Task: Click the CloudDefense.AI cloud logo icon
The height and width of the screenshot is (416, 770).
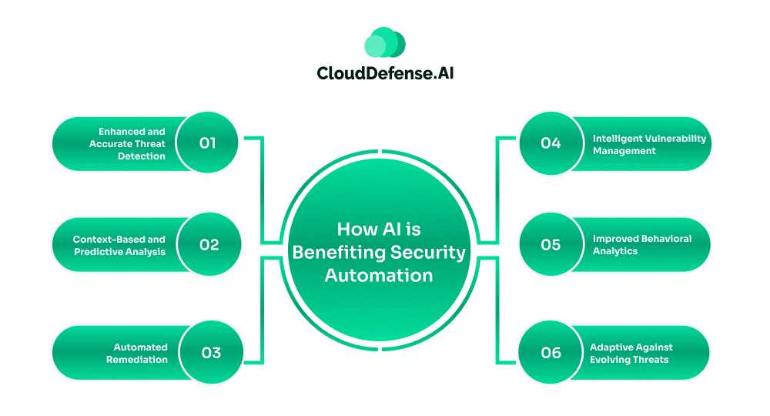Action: point(384,43)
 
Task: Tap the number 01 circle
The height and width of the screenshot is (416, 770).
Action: point(207,143)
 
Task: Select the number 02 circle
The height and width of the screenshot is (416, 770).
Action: point(209,245)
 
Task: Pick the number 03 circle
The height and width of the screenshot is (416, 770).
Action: point(211,353)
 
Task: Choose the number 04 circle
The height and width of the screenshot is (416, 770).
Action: point(551,143)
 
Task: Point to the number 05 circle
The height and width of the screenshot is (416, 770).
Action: point(551,245)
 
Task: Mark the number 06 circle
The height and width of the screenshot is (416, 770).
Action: point(551,353)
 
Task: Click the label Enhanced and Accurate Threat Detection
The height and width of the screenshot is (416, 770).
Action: point(127,144)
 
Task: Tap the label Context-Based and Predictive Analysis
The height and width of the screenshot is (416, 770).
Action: point(119,246)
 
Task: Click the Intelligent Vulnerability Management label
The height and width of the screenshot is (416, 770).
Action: point(649,145)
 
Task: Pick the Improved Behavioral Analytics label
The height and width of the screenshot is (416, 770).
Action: point(641,245)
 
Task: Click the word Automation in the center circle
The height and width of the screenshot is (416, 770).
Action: point(378,275)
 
